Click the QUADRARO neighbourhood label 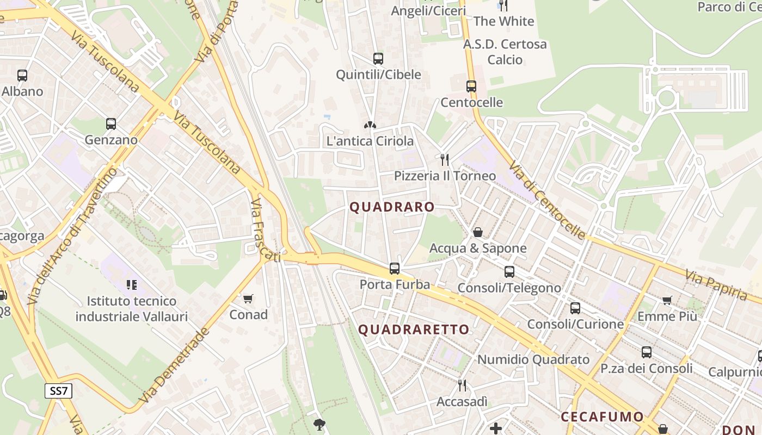click(x=392, y=207)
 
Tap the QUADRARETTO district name click(x=414, y=330)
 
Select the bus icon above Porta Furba click(x=395, y=269)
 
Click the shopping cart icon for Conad click(x=248, y=299)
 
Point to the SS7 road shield click(x=58, y=390)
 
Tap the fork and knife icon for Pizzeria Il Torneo click(x=445, y=159)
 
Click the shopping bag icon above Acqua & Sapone click(x=478, y=232)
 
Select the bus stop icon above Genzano click(x=111, y=124)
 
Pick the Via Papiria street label click(x=716, y=285)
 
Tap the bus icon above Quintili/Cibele click(x=378, y=59)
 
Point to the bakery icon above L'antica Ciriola click(x=370, y=125)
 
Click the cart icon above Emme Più click(x=667, y=300)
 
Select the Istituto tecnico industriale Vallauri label click(x=132, y=309)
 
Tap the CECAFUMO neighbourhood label click(x=602, y=417)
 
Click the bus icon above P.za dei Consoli click(x=647, y=352)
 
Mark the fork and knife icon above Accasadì click(x=462, y=386)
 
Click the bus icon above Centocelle click(x=471, y=86)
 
